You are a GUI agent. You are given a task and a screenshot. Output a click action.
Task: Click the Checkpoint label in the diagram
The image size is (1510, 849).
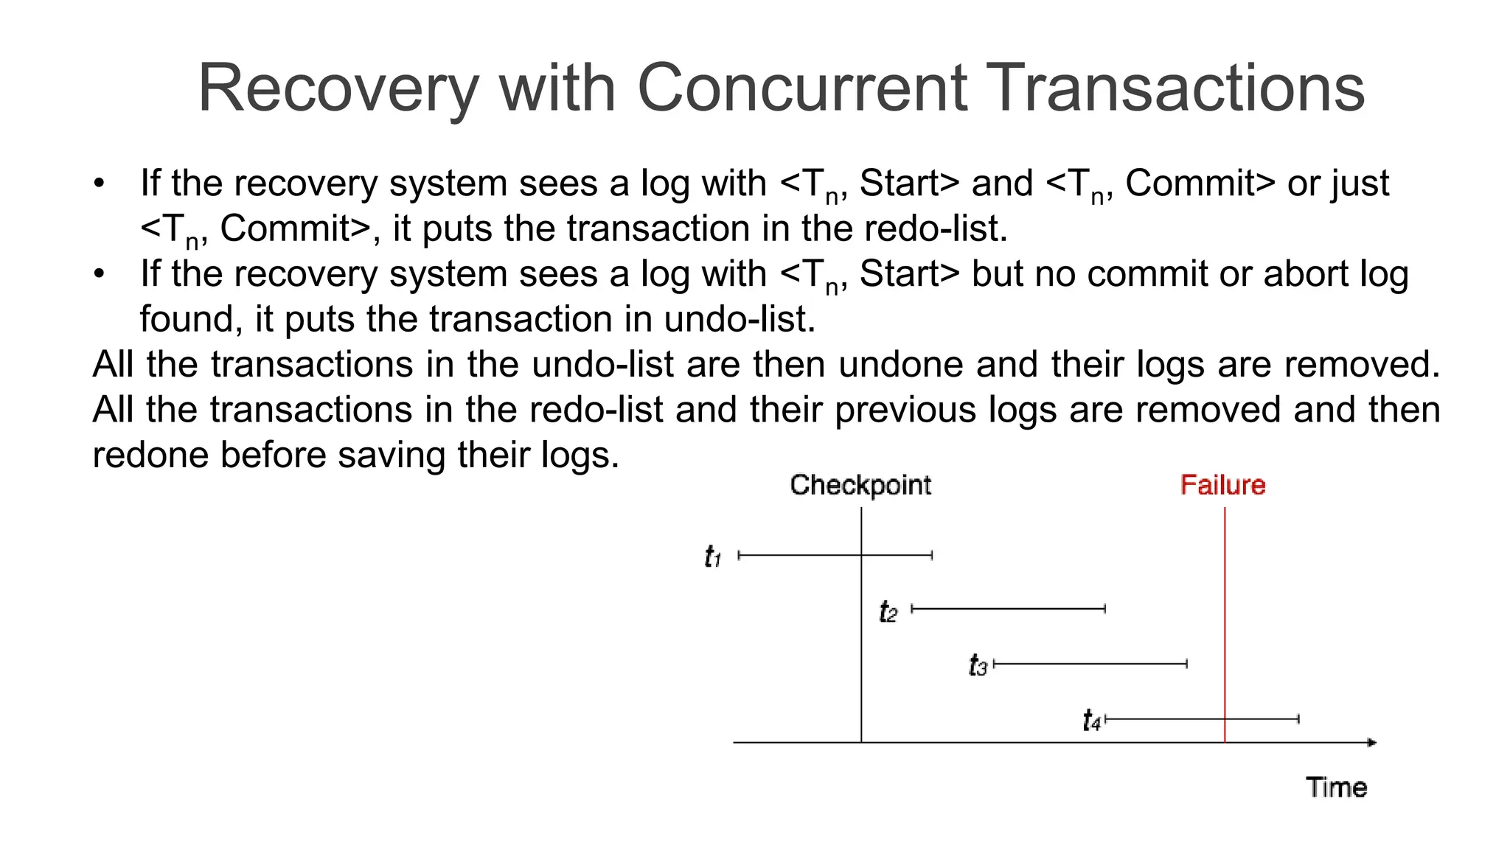tap(860, 485)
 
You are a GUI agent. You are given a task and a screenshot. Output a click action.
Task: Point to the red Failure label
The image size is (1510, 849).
tap(1222, 485)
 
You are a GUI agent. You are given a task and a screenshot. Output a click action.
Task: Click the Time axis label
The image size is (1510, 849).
tap(1336, 787)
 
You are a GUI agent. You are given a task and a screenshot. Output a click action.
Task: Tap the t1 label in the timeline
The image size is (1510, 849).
tap(712, 556)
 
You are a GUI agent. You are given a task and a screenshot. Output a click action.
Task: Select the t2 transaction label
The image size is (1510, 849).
tap(888, 612)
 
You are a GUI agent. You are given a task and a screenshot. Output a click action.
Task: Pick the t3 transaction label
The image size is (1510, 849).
tap(978, 665)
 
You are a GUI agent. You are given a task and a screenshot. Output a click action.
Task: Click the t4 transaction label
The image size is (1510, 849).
tap(1092, 720)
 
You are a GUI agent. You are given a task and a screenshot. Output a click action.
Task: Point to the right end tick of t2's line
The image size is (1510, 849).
tap(1105, 609)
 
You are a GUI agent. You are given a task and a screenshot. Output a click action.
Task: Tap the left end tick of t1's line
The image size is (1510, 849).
tap(739, 554)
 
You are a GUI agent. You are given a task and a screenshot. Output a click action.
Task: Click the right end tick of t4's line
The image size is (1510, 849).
tap(1298, 719)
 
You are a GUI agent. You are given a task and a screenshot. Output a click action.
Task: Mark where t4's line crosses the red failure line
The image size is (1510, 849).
tap(1225, 719)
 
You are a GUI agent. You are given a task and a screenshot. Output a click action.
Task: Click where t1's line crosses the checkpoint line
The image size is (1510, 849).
tap(861, 554)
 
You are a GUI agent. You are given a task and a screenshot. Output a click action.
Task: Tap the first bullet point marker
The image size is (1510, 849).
tap(100, 184)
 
